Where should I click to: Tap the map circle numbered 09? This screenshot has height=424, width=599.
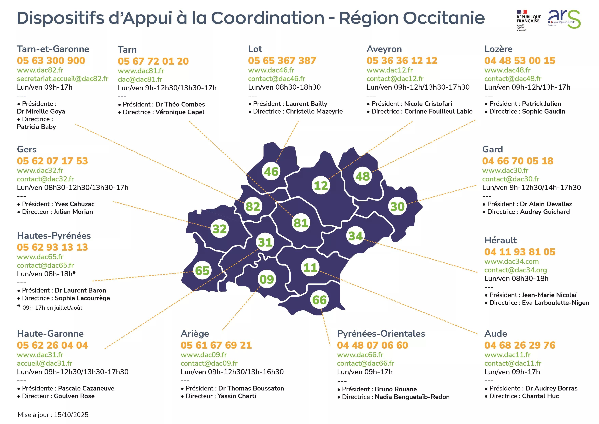click(267, 279)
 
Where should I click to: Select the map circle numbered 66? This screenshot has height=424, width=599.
click(320, 300)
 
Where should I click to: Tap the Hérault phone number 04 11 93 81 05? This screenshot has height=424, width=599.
click(520, 252)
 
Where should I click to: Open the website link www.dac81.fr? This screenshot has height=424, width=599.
click(141, 71)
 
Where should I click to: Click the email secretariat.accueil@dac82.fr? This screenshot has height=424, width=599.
click(63, 79)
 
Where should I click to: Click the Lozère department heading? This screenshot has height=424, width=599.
click(498, 49)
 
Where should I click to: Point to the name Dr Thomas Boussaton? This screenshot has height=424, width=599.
click(251, 388)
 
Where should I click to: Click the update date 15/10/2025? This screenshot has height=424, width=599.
click(71, 415)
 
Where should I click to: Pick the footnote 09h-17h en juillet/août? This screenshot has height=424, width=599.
click(52, 308)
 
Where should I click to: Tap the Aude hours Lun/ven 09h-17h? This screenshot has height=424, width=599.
click(512, 372)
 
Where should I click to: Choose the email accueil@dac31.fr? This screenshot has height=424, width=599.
click(45, 363)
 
